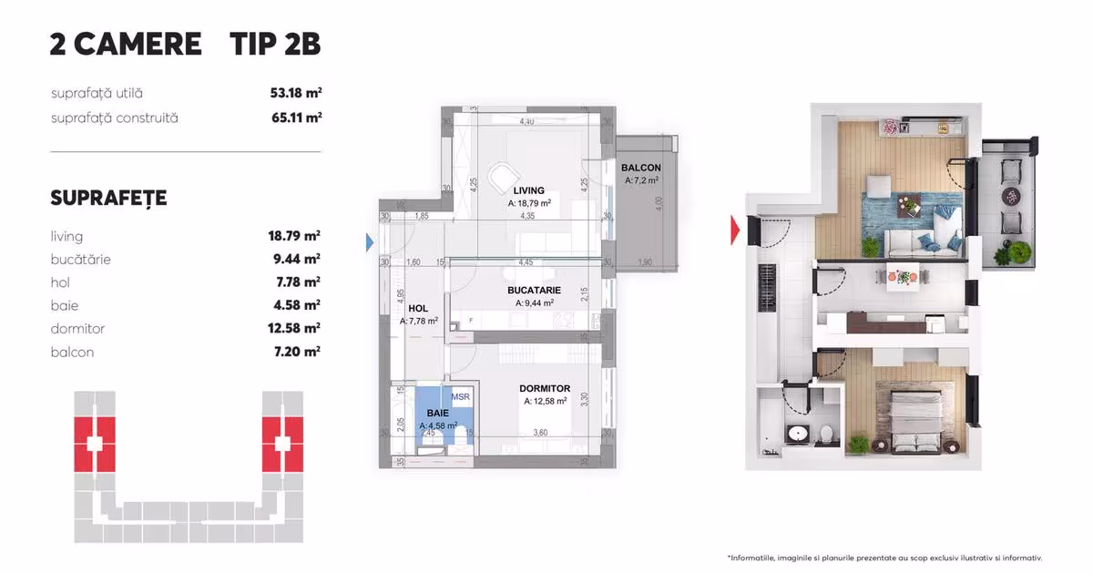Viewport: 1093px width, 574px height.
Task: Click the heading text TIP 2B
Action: tap(274, 44)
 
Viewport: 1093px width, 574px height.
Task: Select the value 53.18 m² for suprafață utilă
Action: tap(290, 93)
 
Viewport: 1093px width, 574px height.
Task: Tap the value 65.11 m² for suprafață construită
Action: tap(290, 118)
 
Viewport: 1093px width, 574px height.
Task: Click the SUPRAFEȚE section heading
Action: tap(108, 199)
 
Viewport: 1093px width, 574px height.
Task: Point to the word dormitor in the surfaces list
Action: tap(77, 328)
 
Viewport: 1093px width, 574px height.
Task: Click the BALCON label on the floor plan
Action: tap(640, 169)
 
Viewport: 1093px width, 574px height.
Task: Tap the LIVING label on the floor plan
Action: tap(528, 191)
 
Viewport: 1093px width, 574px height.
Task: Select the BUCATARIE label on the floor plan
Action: tap(534, 291)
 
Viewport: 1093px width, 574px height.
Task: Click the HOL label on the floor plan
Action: tap(418, 309)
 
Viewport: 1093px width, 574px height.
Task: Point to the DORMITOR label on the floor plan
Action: tap(544, 388)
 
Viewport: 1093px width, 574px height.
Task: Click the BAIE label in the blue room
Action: tap(438, 414)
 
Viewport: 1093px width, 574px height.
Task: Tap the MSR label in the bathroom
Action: tap(460, 397)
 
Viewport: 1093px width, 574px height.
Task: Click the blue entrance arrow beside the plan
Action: tap(370, 242)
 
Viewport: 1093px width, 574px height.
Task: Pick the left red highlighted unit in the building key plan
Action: tap(93, 444)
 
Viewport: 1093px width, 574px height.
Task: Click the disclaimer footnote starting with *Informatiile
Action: tap(884, 558)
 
